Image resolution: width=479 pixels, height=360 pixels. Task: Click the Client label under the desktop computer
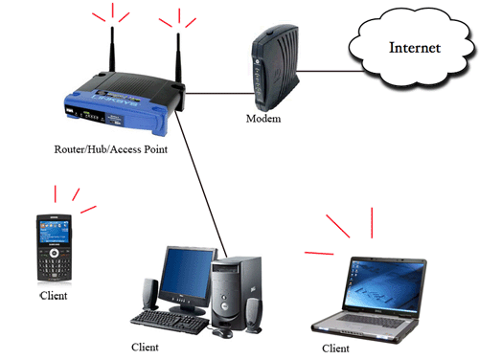click(x=145, y=347)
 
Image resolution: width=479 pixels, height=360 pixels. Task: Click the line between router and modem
click(x=220, y=93)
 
